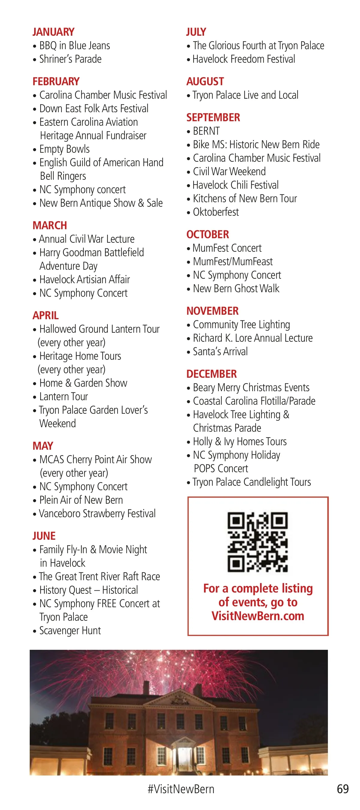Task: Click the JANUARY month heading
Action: pyautogui.click(x=53, y=32)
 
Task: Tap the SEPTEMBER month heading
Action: pyautogui.click(x=213, y=118)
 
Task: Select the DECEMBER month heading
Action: pyautogui.click(x=211, y=374)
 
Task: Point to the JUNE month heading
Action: pyautogui.click(x=44, y=536)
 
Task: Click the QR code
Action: pyautogui.click(x=257, y=542)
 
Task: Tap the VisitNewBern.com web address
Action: pyautogui.click(x=258, y=616)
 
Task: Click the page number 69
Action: pyautogui.click(x=343, y=789)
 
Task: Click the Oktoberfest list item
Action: pyautogui.click(x=216, y=212)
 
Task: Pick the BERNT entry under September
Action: pyautogui.click(x=206, y=131)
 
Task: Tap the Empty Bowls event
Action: pyautogui.click(x=64, y=149)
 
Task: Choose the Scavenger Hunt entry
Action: pyautogui.click(x=70, y=631)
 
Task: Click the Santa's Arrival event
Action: pyautogui.click(x=220, y=352)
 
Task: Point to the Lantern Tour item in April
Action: pyautogui.click(x=64, y=397)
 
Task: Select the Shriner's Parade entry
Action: pyautogui.click(x=70, y=59)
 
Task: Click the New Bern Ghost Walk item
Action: pyautogui.click(x=236, y=289)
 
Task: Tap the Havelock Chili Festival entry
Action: pyautogui.click(x=235, y=185)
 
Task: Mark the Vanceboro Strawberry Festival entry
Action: pyautogui.click(x=97, y=514)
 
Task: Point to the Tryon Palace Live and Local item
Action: pyautogui.click(x=245, y=95)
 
